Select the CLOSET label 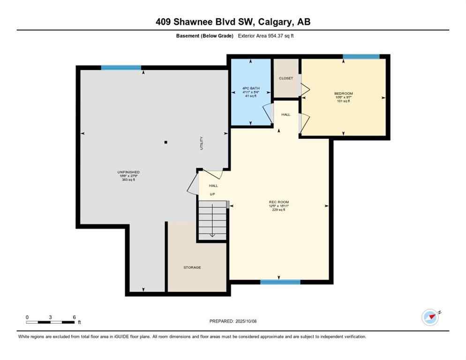click(286, 78)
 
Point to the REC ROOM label click(279, 202)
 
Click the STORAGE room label click(192, 267)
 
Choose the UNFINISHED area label click(128, 172)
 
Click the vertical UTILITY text click(202, 143)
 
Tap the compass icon click(430, 317)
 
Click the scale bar click(51, 322)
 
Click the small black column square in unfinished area click(165, 142)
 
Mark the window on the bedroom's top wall click(361, 57)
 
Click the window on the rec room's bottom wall click(280, 282)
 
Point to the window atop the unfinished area click(121, 68)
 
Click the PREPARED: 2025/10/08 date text click(233, 321)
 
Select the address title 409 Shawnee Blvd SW click(233, 22)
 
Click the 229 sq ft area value click(279, 210)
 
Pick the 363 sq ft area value click(128, 180)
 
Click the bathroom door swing click(268, 112)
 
